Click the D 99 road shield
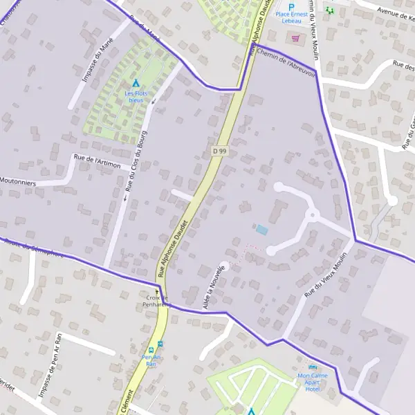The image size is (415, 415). (x=219, y=151)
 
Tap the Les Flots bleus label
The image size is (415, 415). (x=136, y=96)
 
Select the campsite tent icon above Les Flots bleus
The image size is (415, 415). (x=136, y=83)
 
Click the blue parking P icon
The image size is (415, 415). (x=291, y=6)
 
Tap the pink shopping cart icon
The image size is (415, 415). (x=297, y=39)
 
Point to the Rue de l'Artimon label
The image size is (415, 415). (x=97, y=161)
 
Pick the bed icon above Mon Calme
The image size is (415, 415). (x=313, y=367)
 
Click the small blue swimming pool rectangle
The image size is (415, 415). (x=262, y=229)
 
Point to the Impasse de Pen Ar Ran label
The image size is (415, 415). (x=49, y=374)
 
